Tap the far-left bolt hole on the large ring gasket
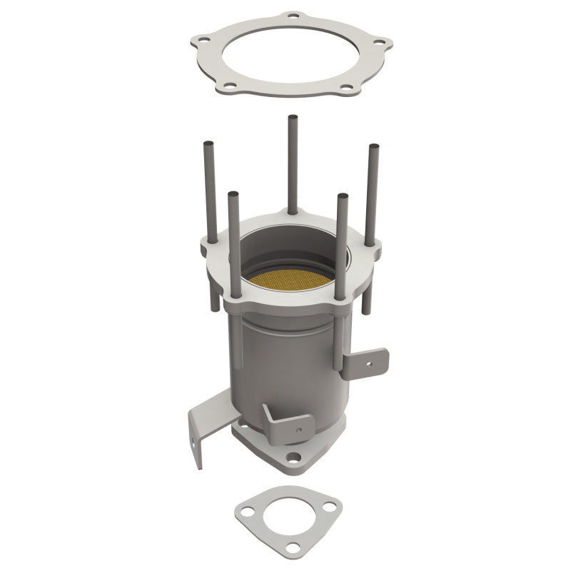205,42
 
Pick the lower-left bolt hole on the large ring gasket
231,87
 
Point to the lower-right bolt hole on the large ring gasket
347,89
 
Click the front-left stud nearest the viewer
234,243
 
